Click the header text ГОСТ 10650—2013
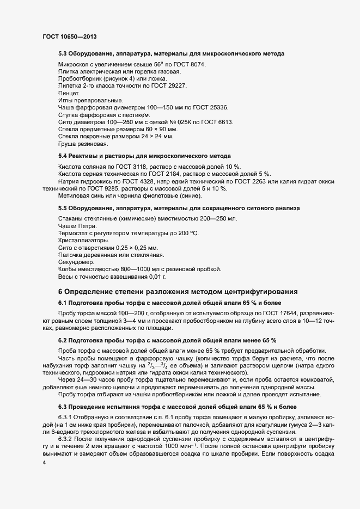(x=70, y=36)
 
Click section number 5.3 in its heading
(x=63, y=53)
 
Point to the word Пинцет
(x=68, y=93)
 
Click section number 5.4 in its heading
(x=63, y=156)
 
